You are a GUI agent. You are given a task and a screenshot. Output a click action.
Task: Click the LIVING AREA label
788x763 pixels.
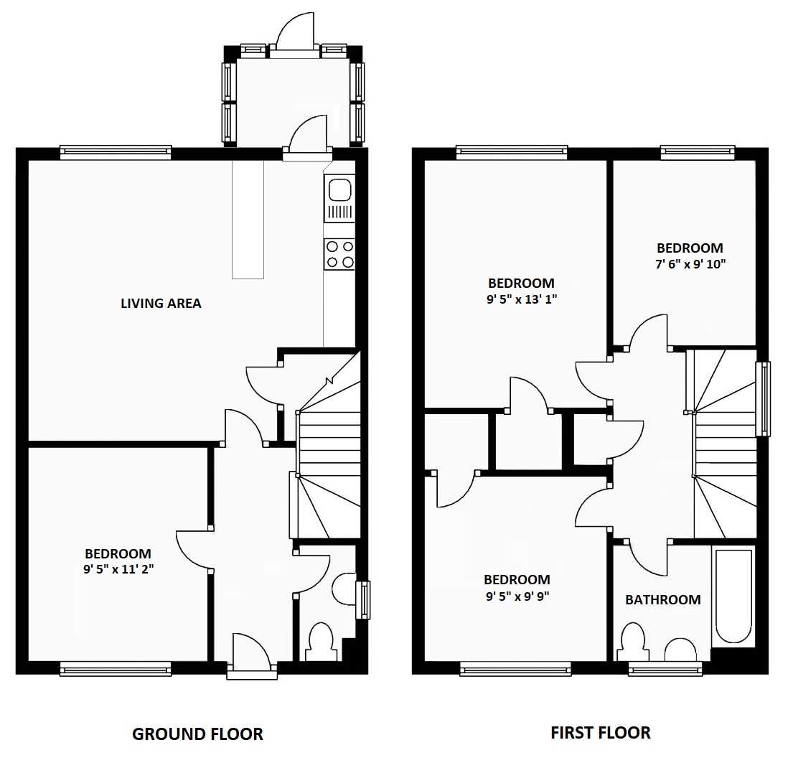tap(161, 303)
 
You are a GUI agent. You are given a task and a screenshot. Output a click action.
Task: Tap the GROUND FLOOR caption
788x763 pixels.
tap(197, 734)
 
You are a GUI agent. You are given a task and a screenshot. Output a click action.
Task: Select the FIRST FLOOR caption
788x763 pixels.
tap(601, 732)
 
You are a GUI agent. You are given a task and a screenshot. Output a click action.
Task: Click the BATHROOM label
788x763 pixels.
tap(663, 599)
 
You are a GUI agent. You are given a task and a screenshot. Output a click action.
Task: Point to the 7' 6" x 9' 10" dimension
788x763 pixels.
tap(690, 264)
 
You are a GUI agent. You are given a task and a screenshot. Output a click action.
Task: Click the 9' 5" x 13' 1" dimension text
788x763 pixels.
tap(522, 299)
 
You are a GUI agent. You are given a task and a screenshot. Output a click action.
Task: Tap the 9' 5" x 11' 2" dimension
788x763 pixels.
tap(118, 569)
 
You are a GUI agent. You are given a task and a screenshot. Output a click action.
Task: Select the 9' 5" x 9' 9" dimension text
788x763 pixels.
tap(517, 596)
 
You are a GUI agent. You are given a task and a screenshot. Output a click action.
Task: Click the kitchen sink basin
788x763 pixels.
tap(340, 190)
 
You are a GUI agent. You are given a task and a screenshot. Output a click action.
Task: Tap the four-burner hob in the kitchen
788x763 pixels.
tap(339, 254)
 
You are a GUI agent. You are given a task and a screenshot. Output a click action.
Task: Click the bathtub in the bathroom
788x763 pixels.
tap(733, 596)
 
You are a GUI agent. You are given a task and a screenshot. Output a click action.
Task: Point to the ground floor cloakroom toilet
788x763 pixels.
tap(321, 642)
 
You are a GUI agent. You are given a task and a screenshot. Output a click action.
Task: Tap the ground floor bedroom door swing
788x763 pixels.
tap(194, 549)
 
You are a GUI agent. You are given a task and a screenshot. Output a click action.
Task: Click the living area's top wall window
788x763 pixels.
tap(116, 152)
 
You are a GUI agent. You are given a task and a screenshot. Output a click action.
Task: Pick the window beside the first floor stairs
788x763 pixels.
tap(763, 399)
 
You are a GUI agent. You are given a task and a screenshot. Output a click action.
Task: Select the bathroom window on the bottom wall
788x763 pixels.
tap(665, 668)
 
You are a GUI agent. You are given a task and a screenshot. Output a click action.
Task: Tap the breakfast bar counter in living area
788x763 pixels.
tap(248, 220)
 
